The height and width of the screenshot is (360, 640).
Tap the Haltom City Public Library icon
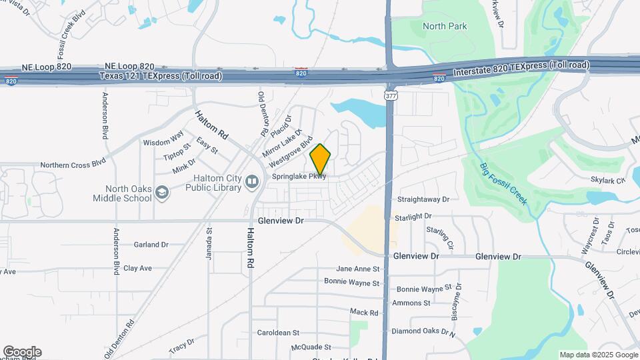(252, 181)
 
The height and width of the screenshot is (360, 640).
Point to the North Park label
(445, 27)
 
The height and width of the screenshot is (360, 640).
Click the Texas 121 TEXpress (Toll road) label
(161, 76)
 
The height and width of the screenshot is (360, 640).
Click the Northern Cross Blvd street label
(73, 163)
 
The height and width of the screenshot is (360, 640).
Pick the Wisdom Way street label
(163, 141)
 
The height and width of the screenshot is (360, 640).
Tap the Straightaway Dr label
(423, 199)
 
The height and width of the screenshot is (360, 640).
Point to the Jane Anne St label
(357, 269)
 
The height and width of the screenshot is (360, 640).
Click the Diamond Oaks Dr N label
(423, 331)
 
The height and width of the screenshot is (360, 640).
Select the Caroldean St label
(279, 332)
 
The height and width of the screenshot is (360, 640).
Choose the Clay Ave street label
(137, 268)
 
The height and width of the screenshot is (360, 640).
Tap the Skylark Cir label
(607, 180)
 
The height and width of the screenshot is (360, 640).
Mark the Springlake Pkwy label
(299, 177)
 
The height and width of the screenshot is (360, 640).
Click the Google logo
(21, 352)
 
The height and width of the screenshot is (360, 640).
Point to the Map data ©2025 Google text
(597, 355)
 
